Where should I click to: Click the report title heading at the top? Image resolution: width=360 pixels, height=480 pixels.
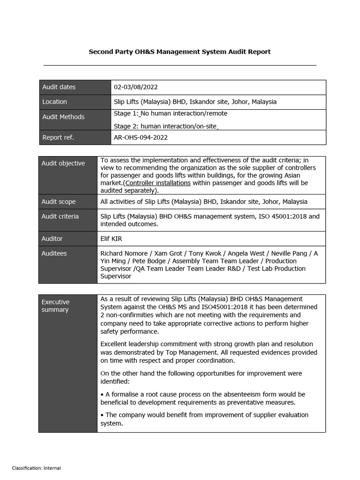click(180, 52)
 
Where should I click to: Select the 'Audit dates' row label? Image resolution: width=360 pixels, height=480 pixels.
click(59, 87)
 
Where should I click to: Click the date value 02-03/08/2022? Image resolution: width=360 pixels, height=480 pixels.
click(136, 87)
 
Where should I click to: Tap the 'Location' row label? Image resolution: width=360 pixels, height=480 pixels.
click(54, 102)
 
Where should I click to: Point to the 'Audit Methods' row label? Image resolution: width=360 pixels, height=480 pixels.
click(63, 117)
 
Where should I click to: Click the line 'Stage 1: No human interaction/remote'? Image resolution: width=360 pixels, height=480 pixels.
click(164, 113)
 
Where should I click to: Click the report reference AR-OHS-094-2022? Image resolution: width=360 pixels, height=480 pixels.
click(141, 138)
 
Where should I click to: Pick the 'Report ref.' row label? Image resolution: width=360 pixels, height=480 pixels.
click(58, 138)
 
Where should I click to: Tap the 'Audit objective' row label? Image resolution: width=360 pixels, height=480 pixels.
click(63, 164)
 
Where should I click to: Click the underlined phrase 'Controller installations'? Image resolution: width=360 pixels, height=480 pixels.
click(158, 183)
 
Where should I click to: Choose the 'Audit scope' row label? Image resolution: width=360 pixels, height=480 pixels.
click(59, 202)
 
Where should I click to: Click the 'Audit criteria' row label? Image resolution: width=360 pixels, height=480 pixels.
click(60, 217)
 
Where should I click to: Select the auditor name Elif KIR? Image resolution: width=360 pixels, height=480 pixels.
click(111, 239)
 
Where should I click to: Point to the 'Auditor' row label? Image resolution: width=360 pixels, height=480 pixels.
click(52, 239)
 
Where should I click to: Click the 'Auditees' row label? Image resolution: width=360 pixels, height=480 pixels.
click(54, 254)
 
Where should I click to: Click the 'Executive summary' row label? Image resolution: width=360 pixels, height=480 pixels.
click(55, 306)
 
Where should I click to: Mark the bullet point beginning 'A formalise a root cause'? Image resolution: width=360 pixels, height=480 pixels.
click(202, 398)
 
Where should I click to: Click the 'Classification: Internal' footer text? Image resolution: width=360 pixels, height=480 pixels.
click(36, 468)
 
